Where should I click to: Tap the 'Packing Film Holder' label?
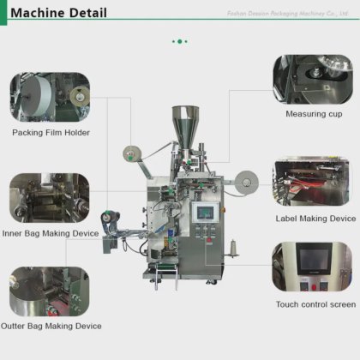[x=51, y=133]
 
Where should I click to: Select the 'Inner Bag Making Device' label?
[x=51, y=233]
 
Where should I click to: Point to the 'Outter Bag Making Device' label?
[x=51, y=326]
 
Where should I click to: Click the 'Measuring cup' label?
[x=313, y=114]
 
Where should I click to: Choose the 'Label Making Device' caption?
[x=315, y=219]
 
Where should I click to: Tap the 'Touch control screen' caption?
[x=315, y=304]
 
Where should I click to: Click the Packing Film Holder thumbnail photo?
[x=50, y=96]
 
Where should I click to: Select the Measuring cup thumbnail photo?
[x=312, y=80]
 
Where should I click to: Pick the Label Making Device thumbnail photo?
[x=312, y=182]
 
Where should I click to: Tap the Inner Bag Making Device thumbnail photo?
[x=50, y=198]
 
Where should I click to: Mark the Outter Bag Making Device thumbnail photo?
[x=50, y=291]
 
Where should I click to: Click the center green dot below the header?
[x=180, y=40]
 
